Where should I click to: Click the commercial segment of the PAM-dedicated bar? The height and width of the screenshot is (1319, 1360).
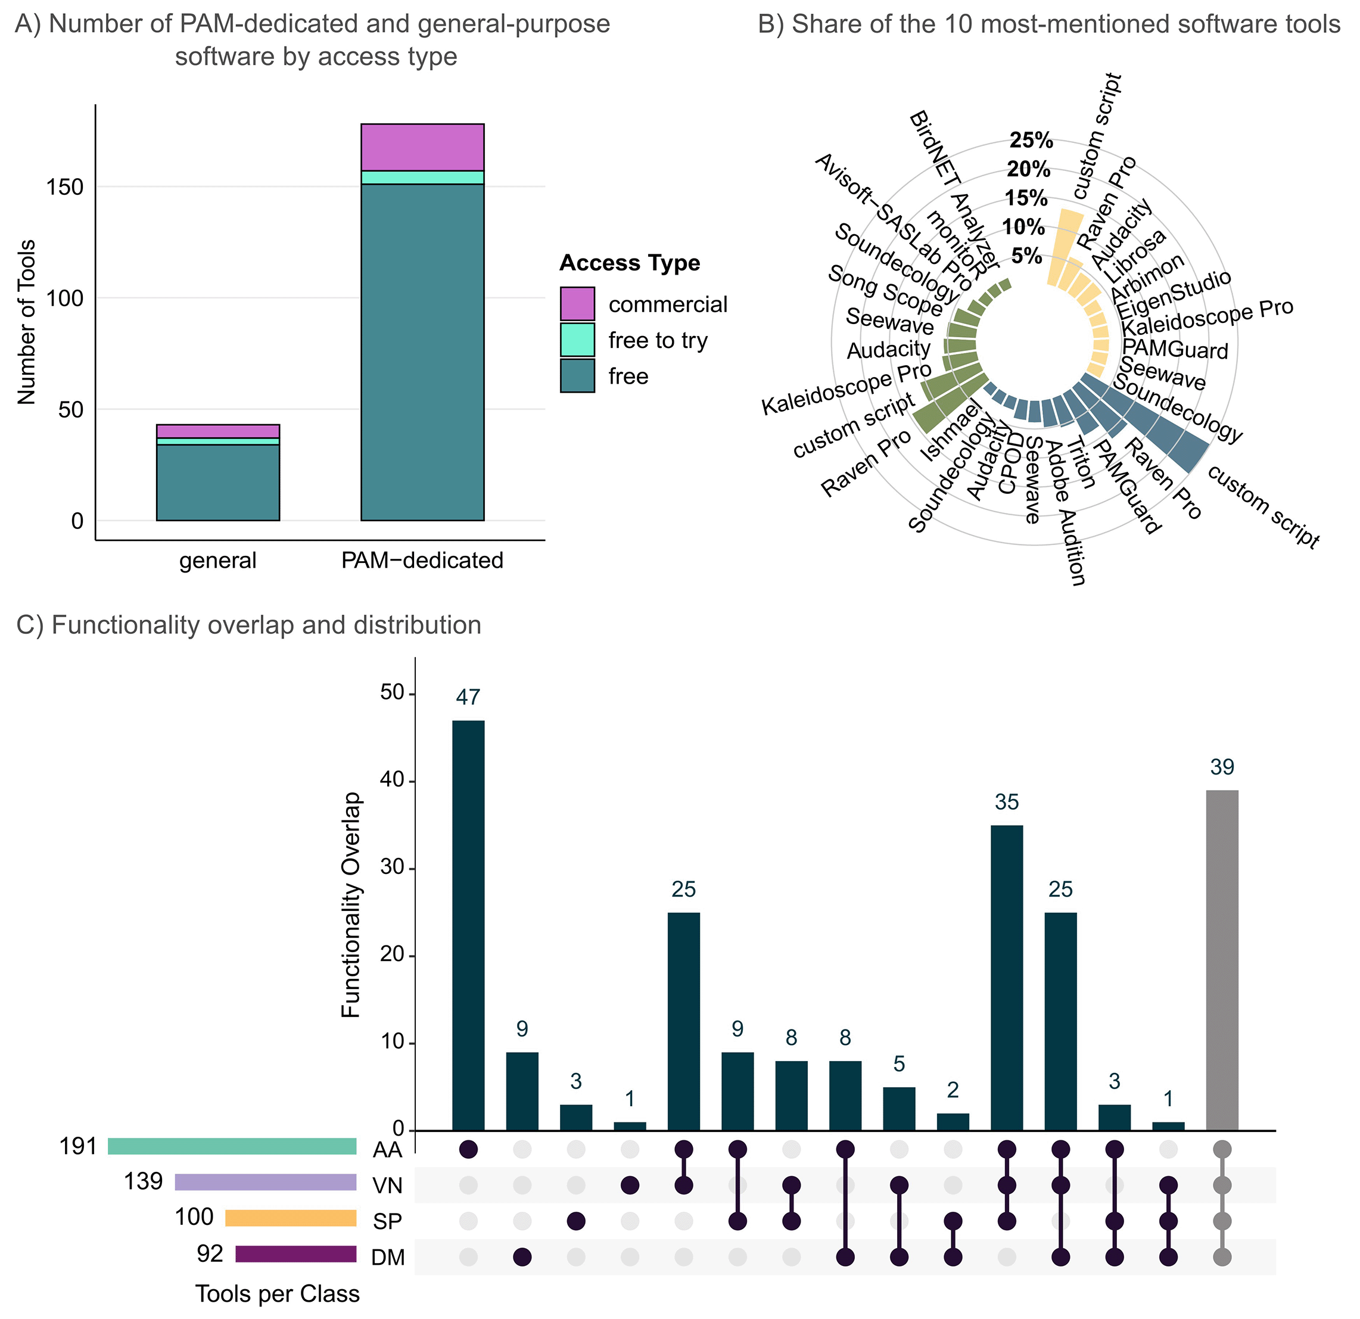click(422, 147)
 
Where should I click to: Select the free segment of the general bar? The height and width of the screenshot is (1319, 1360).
click(218, 482)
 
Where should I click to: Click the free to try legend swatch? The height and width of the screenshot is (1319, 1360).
click(577, 340)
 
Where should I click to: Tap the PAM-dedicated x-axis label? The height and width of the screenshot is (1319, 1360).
click(422, 561)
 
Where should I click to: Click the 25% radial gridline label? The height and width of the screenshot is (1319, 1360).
click(1031, 140)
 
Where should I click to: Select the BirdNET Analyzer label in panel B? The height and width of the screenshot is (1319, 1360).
click(953, 191)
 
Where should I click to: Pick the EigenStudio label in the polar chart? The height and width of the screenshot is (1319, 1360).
click(1173, 294)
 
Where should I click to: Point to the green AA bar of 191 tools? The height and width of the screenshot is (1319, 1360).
click(232, 1146)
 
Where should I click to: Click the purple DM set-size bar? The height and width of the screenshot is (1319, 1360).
click(295, 1254)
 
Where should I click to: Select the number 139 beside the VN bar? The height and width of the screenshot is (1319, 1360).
click(143, 1181)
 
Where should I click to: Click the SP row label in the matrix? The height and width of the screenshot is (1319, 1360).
click(387, 1221)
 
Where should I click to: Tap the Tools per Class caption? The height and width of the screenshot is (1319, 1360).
click(277, 1294)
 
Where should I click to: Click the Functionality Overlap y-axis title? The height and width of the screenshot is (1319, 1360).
click(352, 905)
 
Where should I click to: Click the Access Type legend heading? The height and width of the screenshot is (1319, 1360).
click(629, 263)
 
